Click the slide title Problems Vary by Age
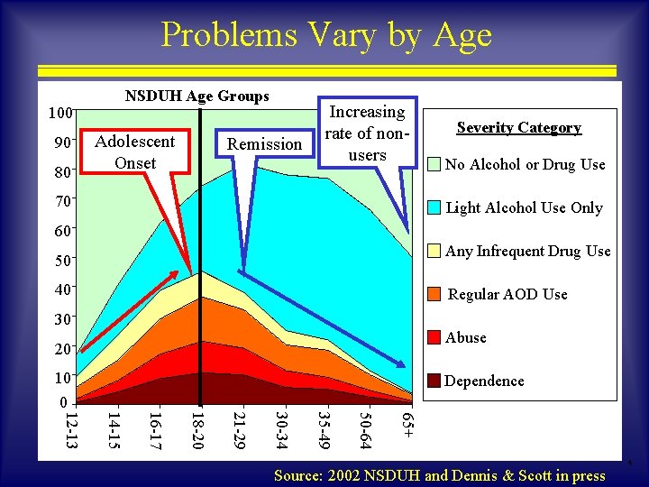coord(325,35)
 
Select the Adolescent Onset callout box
coord(135,152)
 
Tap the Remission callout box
coord(264,143)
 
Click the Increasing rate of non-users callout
coord(367,133)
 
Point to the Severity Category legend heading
coord(518,127)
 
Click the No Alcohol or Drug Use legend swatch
coord(434,164)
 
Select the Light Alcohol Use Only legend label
coord(524,207)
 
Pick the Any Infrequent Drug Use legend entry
coord(527,251)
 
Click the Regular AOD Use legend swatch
coord(434,294)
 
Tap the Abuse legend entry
coord(465,337)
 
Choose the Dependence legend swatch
coord(434,381)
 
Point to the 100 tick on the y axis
coord(60,114)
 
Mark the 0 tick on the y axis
coord(61,402)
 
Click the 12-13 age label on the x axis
coord(70,429)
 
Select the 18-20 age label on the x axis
coord(197,429)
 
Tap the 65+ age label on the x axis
coord(408,426)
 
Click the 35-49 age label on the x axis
coord(324,429)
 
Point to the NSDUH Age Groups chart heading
coord(197,96)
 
